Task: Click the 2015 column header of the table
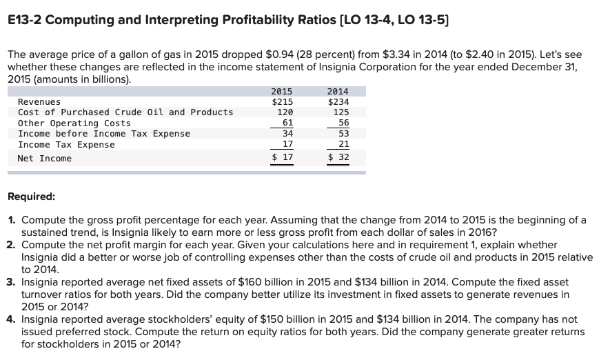(x=282, y=91)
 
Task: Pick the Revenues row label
(x=39, y=102)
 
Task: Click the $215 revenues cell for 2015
(x=283, y=102)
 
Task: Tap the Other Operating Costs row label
(x=74, y=123)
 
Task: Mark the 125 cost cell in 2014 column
(x=340, y=112)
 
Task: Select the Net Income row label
(x=45, y=159)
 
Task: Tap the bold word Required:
(x=31, y=197)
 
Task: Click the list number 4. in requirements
(x=12, y=320)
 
